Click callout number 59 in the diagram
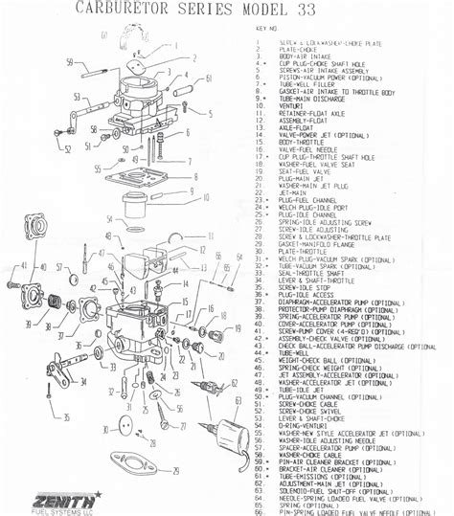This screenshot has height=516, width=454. coord(70,62)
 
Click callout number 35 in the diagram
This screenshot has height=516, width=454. coord(66,417)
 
